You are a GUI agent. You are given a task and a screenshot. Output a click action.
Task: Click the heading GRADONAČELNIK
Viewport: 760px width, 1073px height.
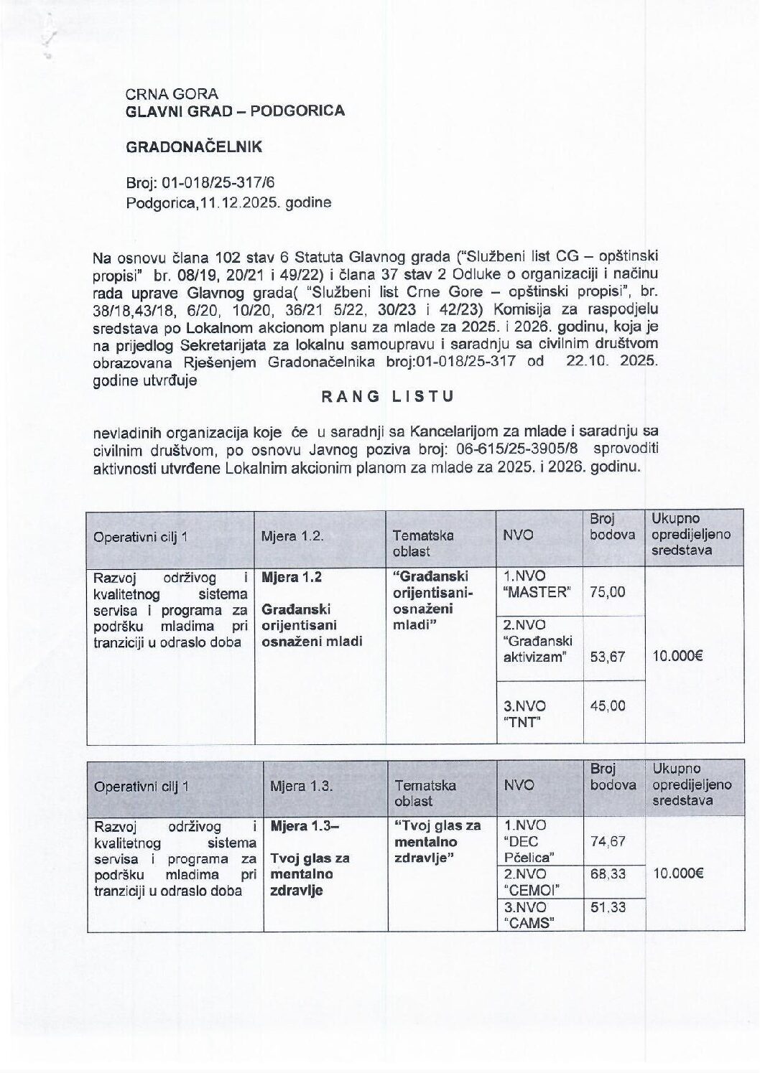point(194,147)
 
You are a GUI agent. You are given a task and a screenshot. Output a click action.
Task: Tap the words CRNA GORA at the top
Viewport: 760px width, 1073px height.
point(172,93)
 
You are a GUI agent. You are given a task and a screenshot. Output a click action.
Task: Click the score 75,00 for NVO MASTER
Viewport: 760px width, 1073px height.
point(607,592)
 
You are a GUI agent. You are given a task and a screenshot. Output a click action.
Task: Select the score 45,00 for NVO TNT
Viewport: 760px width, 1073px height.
point(607,706)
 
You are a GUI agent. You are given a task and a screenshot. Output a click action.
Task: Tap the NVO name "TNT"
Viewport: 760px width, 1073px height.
point(522,723)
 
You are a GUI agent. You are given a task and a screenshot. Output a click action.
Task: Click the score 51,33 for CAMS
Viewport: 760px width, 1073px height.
point(607,907)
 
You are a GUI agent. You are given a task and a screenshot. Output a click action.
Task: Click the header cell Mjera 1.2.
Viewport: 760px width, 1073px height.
point(292,536)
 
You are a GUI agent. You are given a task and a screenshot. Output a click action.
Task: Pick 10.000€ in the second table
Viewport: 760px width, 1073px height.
point(677,873)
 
